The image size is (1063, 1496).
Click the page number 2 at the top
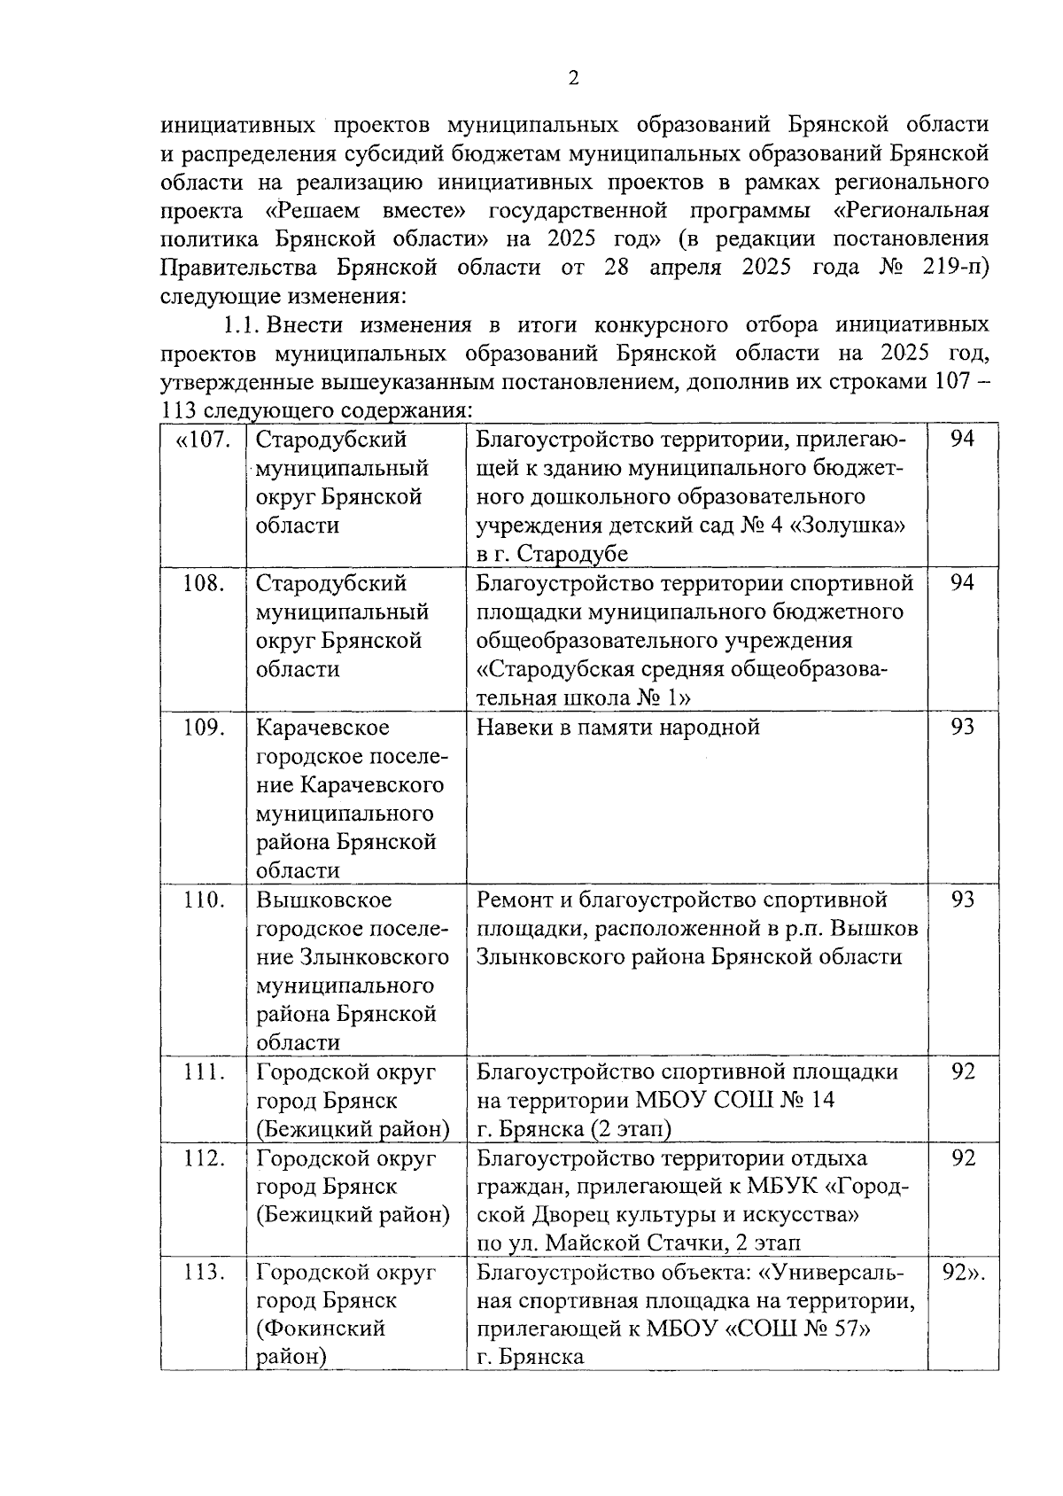573,80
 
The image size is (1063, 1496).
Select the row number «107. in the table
204,440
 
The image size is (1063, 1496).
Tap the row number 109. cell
204,728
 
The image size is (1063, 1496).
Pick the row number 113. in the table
204,1273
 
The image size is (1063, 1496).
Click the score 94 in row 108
962,583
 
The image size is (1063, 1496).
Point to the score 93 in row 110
962,900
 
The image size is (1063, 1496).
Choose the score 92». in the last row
964,1273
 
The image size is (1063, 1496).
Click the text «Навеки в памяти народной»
618,728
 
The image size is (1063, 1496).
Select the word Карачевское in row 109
322,728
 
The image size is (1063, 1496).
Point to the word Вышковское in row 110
324,900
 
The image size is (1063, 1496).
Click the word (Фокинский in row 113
321,1329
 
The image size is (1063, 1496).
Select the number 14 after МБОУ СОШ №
821,1101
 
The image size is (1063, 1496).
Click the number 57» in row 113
848,1329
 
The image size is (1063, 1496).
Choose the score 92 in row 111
962,1071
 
